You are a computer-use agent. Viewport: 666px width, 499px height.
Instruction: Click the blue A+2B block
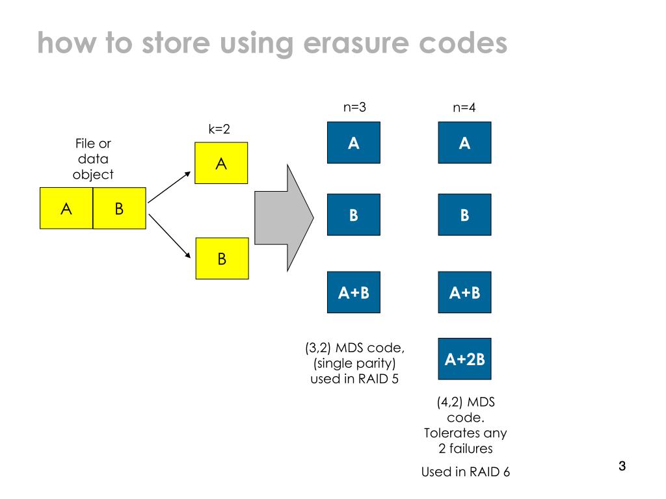click(464, 359)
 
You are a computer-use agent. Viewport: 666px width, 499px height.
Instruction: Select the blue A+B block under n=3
click(353, 292)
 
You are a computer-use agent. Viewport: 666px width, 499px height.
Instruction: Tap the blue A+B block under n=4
click(464, 292)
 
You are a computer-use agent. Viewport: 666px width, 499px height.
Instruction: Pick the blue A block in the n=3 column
click(353, 143)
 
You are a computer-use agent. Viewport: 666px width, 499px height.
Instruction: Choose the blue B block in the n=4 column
click(464, 214)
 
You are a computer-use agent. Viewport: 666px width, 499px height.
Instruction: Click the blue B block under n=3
click(353, 214)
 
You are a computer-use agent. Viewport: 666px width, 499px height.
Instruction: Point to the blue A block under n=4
click(464, 143)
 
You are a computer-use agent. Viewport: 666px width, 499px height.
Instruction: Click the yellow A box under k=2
click(222, 164)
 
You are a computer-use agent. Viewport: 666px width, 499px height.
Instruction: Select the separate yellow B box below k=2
click(222, 259)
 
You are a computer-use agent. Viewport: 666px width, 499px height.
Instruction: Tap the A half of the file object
click(66, 209)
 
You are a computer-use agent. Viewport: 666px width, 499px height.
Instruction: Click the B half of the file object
click(120, 209)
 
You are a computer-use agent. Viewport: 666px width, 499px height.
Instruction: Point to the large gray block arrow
click(283, 218)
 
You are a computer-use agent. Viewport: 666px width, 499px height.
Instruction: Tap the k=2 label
click(219, 129)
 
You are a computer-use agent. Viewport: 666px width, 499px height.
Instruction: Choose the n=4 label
click(464, 108)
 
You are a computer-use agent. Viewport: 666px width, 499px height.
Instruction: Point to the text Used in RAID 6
click(465, 472)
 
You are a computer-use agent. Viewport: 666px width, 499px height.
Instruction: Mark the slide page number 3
click(621, 467)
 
